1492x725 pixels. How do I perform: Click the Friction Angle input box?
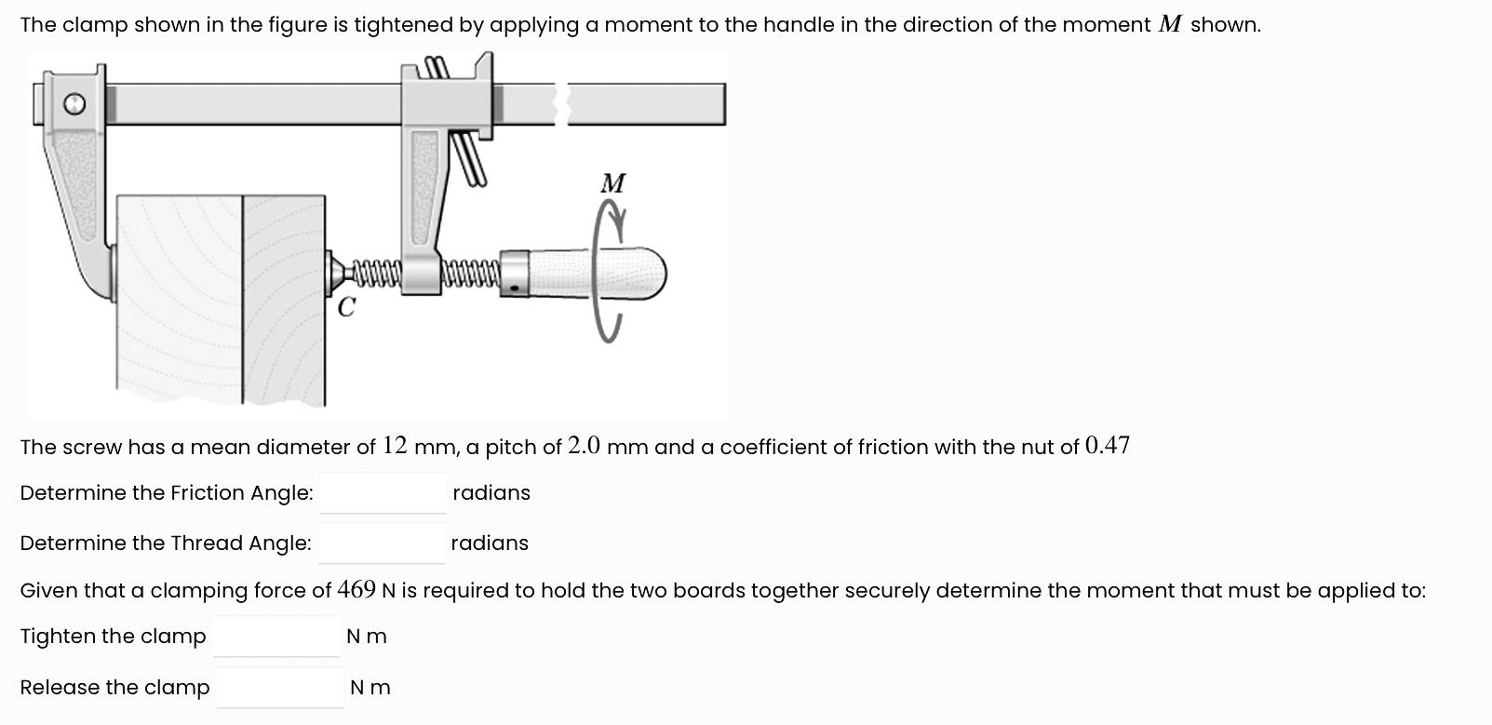coord(383,493)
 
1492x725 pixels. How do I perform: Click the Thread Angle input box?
coord(381,544)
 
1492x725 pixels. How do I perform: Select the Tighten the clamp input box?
coord(276,637)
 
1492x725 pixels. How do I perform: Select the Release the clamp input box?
coord(279,688)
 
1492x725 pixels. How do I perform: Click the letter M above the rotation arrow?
coord(613,183)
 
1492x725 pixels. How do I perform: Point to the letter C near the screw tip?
coord(346,307)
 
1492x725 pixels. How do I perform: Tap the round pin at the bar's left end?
coord(75,104)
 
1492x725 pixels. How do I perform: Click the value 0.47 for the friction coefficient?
coord(1108,446)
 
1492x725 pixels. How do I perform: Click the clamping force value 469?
coord(356,590)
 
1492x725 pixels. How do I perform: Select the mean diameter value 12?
coord(395,446)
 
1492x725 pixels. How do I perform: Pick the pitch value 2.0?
coord(585,446)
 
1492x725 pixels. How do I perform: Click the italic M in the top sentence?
coord(1170,25)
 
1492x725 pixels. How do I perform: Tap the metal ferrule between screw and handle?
coord(515,274)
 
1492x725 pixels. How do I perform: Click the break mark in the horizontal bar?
coord(562,103)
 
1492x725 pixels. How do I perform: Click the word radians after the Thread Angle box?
coord(490,544)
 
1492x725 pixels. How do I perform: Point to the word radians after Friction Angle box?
coord(491,493)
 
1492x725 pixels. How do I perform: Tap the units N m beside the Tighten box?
coord(367,637)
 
